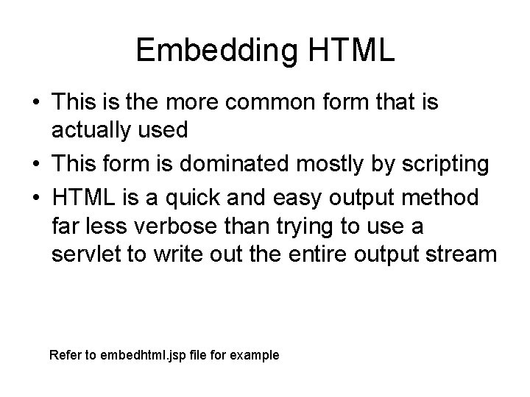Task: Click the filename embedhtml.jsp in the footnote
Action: pyautogui.click(x=146, y=356)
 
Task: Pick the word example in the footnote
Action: pyautogui.click(x=255, y=356)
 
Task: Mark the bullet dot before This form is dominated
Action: pyautogui.click(x=36, y=165)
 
